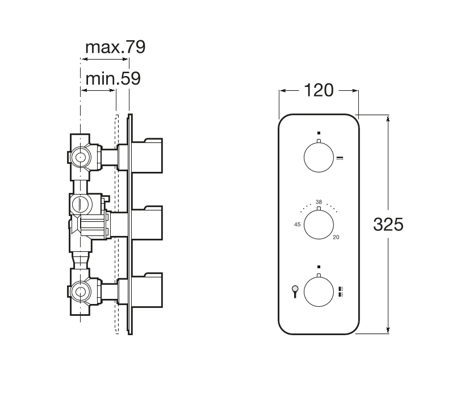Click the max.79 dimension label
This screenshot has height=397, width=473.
click(115, 47)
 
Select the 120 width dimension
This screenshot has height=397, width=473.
click(319, 90)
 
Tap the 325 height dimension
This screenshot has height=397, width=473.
click(388, 225)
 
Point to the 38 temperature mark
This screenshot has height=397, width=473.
click(319, 202)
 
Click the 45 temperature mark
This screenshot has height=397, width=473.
click(297, 225)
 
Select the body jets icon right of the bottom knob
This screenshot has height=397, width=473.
click(341, 292)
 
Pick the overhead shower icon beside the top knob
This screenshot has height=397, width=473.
click(341, 158)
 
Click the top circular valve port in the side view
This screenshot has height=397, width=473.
click(80, 158)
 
